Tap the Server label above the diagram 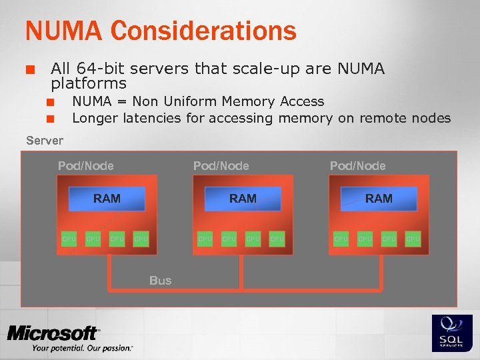tap(45, 140)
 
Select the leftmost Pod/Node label tap(86, 165)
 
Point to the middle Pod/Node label tap(221, 165)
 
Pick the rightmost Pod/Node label tap(357, 165)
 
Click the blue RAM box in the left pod tap(107, 198)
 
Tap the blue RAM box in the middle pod tap(243, 198)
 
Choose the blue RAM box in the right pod tap(379, 198)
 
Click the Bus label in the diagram tap(160, 281)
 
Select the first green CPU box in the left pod tap(69, 238)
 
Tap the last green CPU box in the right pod tap(413, 238)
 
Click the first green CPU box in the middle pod tap(205, 238)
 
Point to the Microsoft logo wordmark tap(53, 333)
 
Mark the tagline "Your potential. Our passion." tap(82, 348)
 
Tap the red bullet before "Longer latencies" tap(49, 119)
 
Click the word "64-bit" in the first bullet tap(104, 69)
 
